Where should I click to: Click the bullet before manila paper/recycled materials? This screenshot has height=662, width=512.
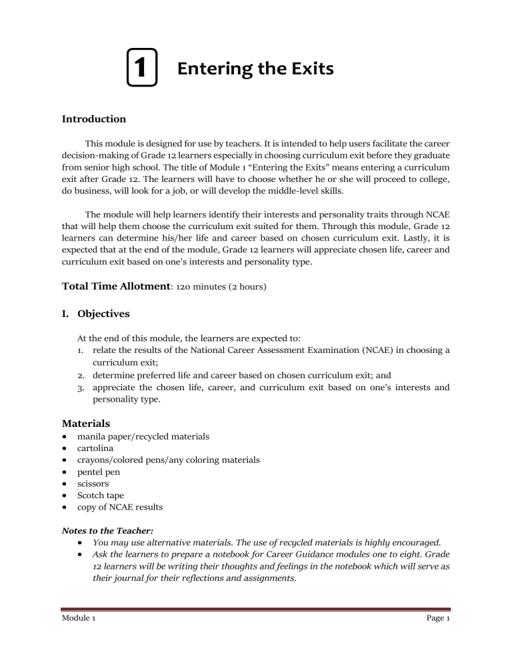point(64,436)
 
